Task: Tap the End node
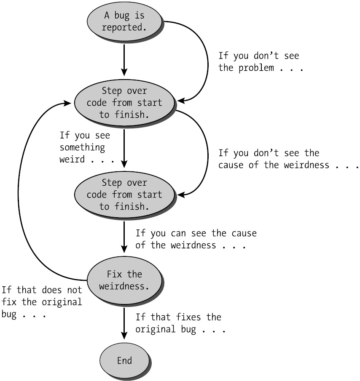pos(124,361)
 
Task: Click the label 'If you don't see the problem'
pos(261,62)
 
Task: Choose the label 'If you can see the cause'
pos(196,239)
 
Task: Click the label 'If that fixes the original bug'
pos(180,323)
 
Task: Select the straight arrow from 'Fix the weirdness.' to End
pos(124,322)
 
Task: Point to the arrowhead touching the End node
pos(124,336)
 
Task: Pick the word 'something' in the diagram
pos(82,148)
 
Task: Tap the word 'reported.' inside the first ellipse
pos(124,28)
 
